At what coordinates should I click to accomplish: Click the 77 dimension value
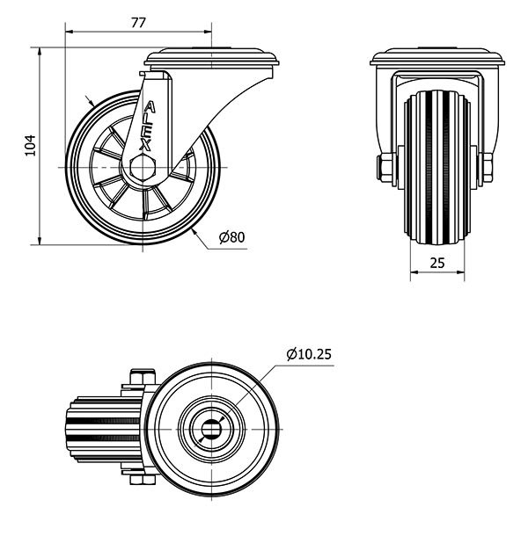[138, 23]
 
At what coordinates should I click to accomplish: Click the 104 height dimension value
[31, 146]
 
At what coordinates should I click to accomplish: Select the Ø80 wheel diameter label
[231, 237]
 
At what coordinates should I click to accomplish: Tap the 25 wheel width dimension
[436, 263]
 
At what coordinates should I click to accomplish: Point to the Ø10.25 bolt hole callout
[309, 354]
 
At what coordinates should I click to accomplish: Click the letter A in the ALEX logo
[150, 107]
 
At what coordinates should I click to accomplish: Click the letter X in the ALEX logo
[145, 146]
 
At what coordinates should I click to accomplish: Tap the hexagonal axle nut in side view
[143, 167]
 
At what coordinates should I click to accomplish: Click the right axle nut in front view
[486, 167]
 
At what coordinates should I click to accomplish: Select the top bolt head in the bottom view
[143, 377]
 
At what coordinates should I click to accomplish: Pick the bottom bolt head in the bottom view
[143, 480]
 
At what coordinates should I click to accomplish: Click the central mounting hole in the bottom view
[211, 429]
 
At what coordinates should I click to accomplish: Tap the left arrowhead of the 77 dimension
[69, 32]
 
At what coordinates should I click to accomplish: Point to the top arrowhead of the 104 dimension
[40, 52]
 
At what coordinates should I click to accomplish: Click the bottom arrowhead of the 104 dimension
[40, 241]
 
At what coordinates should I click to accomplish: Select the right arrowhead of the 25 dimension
[460, 272]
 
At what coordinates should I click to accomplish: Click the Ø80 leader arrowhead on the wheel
[194, 232]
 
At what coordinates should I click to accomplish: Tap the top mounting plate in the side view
[211, 57]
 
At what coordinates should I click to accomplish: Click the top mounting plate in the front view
[437, 57]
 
